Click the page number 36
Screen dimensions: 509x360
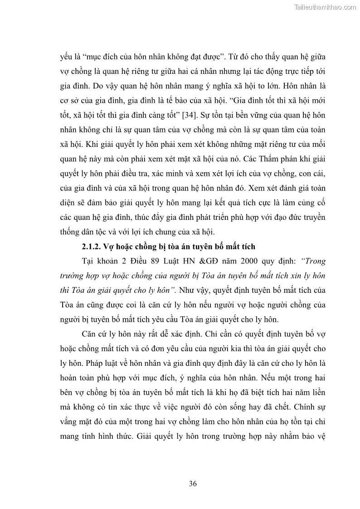(x=193, y=484)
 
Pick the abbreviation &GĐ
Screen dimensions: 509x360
(x=191, y=262)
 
